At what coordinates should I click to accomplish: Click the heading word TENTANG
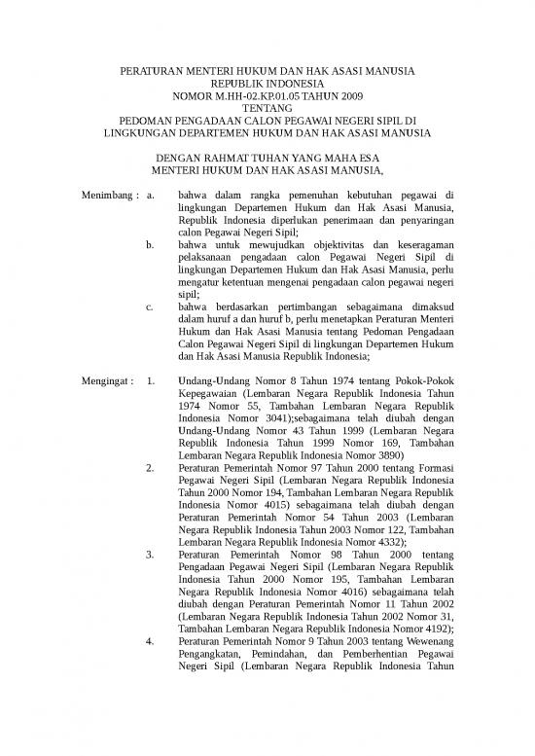point(267,109)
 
